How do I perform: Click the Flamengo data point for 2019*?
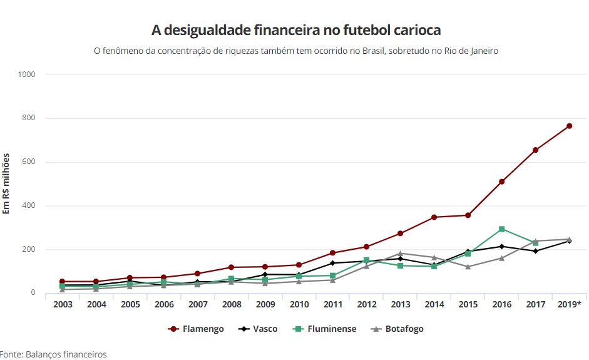(569, 126)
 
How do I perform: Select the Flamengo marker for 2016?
(501, 182)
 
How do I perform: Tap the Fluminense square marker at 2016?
(501, 229)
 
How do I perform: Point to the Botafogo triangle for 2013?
(400, 254)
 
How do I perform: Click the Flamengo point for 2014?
(434, 217)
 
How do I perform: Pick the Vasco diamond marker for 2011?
(332, 263)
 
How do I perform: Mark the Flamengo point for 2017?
(535, 150)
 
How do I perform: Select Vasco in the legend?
(258, 329)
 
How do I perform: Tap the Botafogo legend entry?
(397, 329)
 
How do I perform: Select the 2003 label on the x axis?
(63, 304)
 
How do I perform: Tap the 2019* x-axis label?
(569, 304)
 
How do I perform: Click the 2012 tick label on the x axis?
(366, 304)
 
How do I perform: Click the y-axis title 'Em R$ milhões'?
(6, 183)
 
